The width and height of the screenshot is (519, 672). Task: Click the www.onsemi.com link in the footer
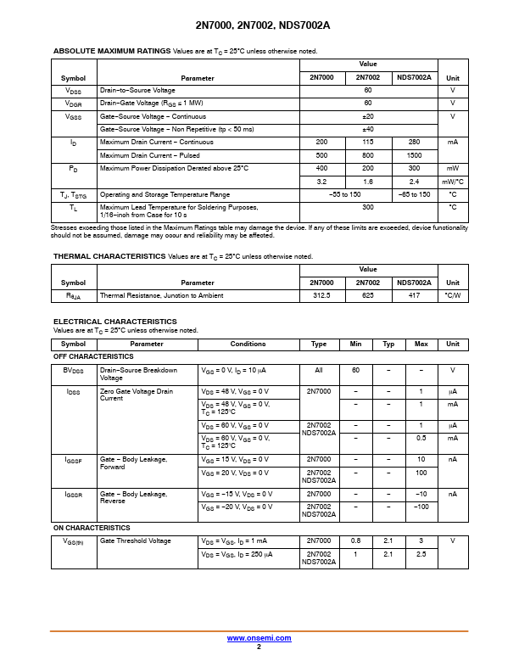click(x=259, y=638)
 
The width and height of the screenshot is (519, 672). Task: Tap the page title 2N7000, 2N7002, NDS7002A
click(x=259, y=25)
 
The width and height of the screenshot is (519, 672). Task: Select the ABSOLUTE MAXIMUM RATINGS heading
click(x=112, y=51)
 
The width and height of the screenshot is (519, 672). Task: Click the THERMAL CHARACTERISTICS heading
click(x=109, y=256)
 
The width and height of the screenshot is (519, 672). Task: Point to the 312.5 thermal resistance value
click(x=321, y=295)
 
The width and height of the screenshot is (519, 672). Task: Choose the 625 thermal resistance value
click(x=368, y=295)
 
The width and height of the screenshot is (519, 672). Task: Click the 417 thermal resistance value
click(x=414, y=295)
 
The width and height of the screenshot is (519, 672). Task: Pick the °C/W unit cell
click(x=453, y=295)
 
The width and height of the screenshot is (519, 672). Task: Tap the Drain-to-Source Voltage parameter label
click(x=137, y=90)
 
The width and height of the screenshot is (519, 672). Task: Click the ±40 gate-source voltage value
click(x=368, y=129)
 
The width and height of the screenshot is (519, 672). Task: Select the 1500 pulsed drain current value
click(x=414, y=155)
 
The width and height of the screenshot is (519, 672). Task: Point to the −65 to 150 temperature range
click(x=414, y=194)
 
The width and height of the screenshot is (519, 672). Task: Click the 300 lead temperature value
click(x=368, y=207)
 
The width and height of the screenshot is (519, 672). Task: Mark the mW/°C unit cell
click(x=453, y=182)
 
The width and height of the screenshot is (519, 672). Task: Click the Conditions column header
click(x=248, y=344)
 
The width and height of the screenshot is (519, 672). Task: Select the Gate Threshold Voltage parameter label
click(x=135, y=540)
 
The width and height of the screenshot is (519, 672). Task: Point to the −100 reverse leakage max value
click(x=420, y=507)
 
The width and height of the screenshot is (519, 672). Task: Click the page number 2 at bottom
click(x=259, y=647)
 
